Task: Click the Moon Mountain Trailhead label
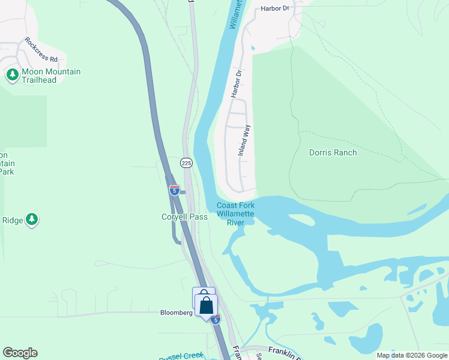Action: (x=51, y=76)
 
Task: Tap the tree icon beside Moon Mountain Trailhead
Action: (x=12, y=75)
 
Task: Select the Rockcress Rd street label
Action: (x=41, y=51)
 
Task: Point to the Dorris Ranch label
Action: (x=333, y=152)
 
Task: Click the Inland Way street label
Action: (x=244, y=141)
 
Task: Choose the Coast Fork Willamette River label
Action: (x=235, y=214)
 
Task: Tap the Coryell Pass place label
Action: (x=184, y=217)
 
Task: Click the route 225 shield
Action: (x=186, y=163)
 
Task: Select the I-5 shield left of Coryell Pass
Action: (x=175, y=190)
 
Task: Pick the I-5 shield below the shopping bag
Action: (x=215, y=319)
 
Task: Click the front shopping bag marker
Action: (x=206, y=305)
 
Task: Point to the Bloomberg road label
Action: (x=176, y=313)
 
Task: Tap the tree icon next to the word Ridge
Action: (x=32, y=220)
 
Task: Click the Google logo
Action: (x=20, y=353)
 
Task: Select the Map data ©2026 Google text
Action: (x=412, y=355)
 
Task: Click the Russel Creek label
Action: (x=181, y=356)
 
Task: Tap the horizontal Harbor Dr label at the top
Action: (x=275, y=8)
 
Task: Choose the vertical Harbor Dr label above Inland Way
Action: (x=236, y=84)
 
